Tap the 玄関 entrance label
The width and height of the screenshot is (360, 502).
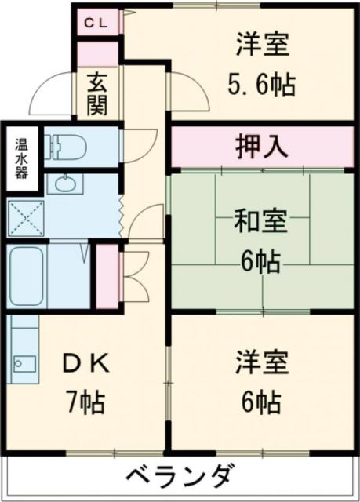click(x=96, y=93)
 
